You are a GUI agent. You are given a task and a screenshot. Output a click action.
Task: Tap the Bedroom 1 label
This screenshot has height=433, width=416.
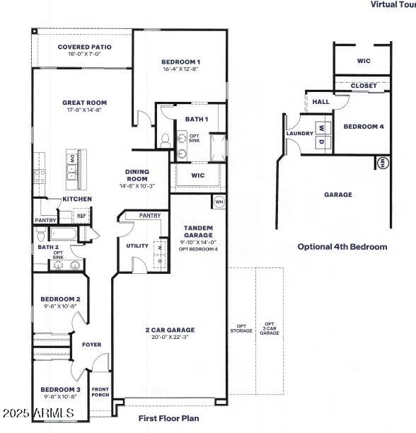pos(180,62)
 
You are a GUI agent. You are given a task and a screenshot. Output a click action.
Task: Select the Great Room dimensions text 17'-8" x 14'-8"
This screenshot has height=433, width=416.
pos(84,110)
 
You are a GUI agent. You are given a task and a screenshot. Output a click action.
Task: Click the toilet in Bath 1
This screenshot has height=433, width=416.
pos(165,139)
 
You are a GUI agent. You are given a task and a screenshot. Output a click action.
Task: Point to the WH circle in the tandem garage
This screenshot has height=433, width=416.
pos(219,202)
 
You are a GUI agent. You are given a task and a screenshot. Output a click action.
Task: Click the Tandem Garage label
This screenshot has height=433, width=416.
pos(198,232)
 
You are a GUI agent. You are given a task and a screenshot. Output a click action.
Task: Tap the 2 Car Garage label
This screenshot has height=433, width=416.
pos(169,330)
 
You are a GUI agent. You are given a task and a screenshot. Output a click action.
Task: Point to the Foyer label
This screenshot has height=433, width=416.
pos(91,345)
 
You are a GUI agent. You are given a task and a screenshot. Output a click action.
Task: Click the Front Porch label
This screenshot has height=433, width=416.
pos(100,393)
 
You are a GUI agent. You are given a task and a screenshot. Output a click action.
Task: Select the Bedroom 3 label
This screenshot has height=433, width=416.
pos(60,389)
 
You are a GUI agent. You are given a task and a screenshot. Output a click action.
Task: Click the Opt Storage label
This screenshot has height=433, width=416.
pos(241,329)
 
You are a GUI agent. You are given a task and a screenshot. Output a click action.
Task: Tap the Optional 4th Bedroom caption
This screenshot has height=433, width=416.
pos(342,247)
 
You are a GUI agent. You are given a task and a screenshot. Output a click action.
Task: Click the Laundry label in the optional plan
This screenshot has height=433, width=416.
pos(299,134)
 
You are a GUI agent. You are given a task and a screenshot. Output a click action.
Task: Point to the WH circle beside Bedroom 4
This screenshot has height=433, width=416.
pos(383,163)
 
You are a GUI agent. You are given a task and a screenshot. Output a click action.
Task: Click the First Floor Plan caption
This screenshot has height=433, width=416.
pos(168,419)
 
